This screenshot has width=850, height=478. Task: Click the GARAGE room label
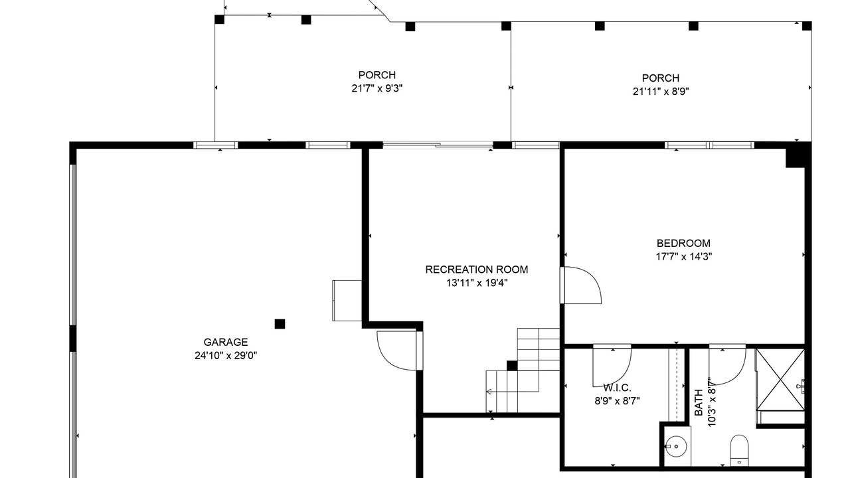coord(226,342)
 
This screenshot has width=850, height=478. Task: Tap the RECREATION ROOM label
coord(477,270)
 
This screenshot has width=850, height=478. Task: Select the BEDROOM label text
coord(683,243)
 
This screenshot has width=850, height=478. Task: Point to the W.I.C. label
coord(617,388)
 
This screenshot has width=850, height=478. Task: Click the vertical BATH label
coord(699,402)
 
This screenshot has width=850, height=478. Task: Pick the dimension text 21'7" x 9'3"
coord(377,88)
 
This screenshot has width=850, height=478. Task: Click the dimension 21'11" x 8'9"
coord(661,92)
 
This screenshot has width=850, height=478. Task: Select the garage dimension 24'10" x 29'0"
coord(226,356)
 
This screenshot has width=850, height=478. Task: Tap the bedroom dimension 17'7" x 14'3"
coord(684,257)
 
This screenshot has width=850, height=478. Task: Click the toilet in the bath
coord(739,450)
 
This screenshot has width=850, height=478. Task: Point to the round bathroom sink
coord(676,446)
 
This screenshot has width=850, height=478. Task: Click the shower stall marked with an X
coord(780,380)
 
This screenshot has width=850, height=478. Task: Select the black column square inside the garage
coord(280,324)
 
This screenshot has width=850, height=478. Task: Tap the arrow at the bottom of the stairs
coord(489,392)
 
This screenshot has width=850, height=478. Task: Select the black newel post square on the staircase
coord(512,366)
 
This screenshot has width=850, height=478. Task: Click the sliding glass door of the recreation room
coord(438,145)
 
